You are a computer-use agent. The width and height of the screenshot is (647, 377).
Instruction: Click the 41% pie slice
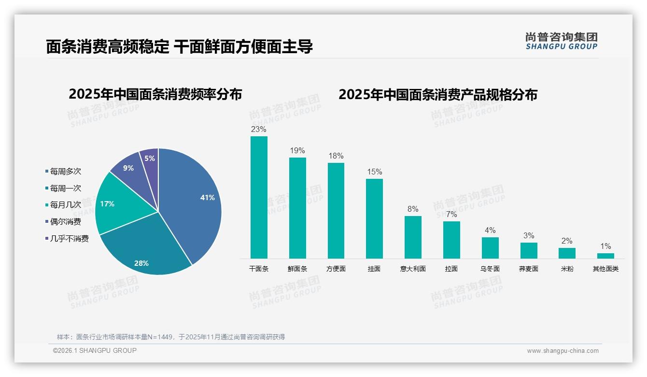tap(193, 198)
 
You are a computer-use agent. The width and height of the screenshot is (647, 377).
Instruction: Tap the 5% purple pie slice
tap(150, 159)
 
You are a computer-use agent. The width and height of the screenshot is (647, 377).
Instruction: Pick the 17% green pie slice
tap(113, 205)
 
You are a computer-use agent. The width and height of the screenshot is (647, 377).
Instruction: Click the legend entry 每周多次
tap(65, 172)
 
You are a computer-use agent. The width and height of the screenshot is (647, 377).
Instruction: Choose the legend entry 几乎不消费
tap(69, 239)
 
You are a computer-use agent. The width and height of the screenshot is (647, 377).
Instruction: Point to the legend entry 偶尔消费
tap(65, 222)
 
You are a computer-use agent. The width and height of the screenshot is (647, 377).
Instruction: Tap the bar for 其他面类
tap(605, 256)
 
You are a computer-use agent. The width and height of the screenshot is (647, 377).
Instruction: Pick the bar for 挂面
tap(374, 218)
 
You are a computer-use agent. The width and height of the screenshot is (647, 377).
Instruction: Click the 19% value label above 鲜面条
tap(297, 151)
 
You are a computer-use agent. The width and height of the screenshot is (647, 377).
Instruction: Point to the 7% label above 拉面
tap(451, 215)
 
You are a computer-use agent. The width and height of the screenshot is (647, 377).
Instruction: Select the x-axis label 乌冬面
tap(490, 269)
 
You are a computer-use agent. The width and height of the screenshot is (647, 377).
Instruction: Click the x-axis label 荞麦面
tap(529, 269)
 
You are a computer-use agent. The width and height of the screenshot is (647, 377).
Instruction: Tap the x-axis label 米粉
tap(567, 269)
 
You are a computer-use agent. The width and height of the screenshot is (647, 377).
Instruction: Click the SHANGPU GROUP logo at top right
tap(562, 41)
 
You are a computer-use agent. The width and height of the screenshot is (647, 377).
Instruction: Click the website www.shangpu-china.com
tap(563, 351)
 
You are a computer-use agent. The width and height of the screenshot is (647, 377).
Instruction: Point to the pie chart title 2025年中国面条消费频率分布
tap(155, 94)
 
